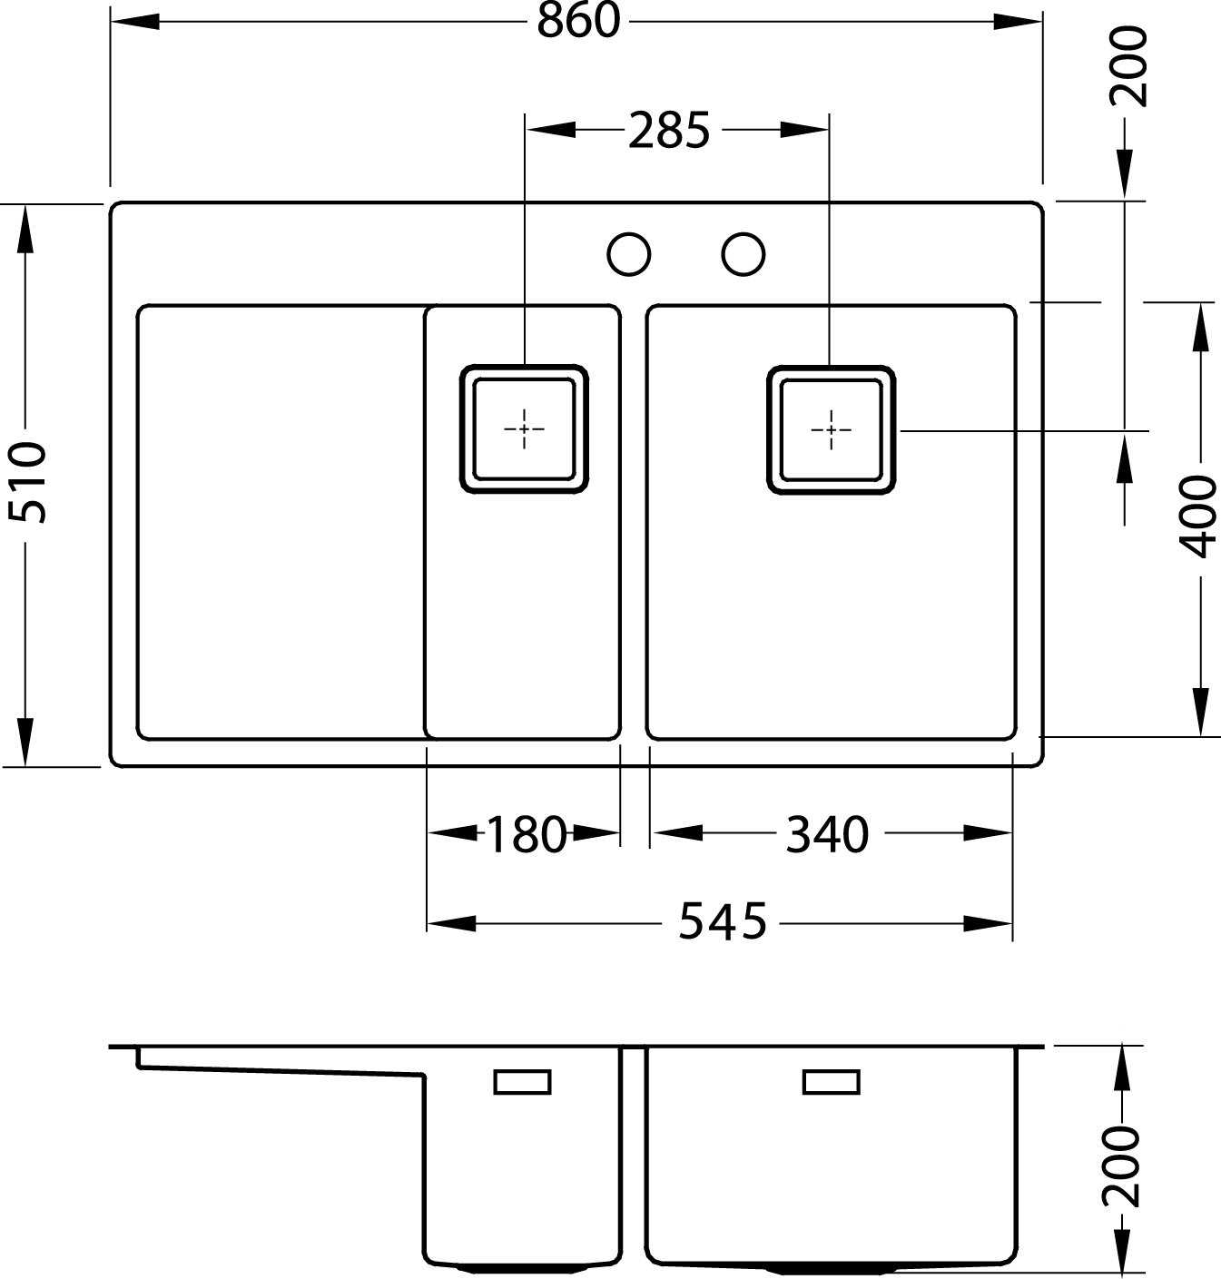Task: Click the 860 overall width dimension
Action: [578, 21]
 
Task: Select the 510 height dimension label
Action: [27, 483]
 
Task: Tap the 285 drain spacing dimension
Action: [668, 130]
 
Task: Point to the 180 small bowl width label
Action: [526, 835]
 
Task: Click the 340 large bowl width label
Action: [827, 835]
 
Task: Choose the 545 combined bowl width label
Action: [723, 921]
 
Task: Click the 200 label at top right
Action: [1128, 66]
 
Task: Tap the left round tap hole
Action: [629, 254]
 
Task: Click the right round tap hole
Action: [743, 254]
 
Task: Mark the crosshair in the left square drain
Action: [524, 428]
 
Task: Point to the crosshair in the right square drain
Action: [832, 430]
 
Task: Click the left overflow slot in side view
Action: [523, 1082]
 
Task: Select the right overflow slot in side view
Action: [832, 1082]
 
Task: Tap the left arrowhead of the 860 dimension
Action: [135, 22]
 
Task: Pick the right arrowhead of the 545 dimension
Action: [988, 923]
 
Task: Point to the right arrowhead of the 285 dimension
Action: [804, 130]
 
